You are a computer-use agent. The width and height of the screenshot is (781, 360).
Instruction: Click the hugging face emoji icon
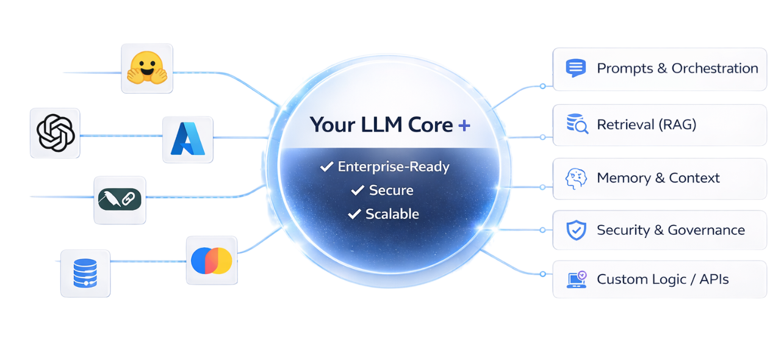pos(146,68)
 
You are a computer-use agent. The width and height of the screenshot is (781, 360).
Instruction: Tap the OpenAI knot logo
pos(56,132)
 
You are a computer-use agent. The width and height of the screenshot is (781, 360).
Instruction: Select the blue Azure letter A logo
pos(188,139)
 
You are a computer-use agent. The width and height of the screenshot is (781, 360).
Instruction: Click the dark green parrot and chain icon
pos(120,200)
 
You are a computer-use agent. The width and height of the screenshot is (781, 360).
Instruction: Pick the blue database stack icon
pos(85,273)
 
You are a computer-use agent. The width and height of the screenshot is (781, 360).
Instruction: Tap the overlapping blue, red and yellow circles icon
pos(211,260)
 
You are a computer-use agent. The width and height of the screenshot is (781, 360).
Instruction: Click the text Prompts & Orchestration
pos(677,68)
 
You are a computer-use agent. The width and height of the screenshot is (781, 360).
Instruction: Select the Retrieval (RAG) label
pos(646,125)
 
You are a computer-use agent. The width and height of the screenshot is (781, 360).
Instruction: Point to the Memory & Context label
pos(658,178)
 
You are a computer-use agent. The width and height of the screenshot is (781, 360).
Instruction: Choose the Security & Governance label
pos(671,230)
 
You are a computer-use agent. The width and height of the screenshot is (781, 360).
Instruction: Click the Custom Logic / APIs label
pos(663,279)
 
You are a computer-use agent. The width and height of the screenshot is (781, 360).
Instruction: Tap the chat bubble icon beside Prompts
pos(576,68)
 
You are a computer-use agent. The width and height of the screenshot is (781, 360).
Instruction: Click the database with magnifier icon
pos(577,125)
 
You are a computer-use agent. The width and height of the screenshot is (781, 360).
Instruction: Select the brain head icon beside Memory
pos(576,178)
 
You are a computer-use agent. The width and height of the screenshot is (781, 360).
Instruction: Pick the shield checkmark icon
pos(576,230)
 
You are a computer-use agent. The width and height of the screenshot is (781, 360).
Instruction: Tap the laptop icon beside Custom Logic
pos(576,279)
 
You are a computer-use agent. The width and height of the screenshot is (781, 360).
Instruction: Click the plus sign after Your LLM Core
pos(464,125)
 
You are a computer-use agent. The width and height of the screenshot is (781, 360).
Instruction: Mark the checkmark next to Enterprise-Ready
pos(326,167)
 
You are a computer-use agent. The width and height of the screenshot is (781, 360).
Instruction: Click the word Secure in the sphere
pos(391,190)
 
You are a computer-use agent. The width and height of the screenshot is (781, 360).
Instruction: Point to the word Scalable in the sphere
pos(392,214)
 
